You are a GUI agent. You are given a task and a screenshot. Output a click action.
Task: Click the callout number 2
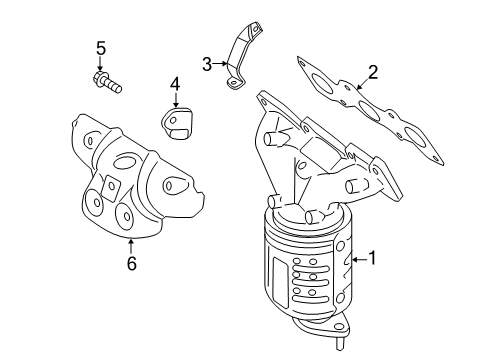[372, 71]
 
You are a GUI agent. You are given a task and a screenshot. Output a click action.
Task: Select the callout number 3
[207, 64]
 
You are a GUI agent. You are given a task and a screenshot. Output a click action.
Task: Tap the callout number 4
[174, 85]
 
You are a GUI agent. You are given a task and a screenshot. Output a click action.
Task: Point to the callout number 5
[100, 47]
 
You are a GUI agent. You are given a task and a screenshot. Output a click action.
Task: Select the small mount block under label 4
[177, 127]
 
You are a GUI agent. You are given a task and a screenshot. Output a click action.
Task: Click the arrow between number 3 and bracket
[222, 64]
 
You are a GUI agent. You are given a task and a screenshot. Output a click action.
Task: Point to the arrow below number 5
[100, 63]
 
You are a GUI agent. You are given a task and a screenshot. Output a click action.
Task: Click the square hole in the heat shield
[107, 186]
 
